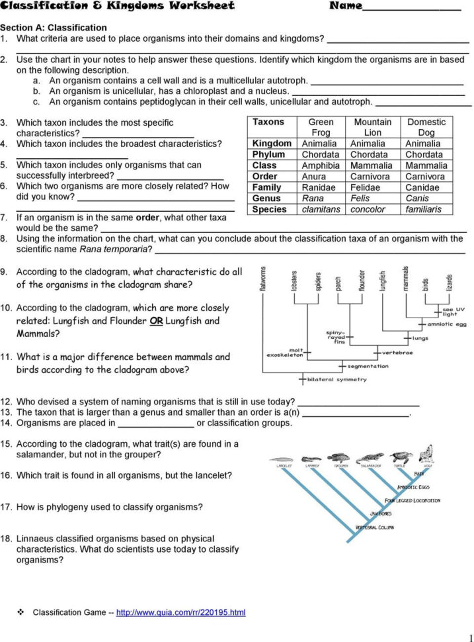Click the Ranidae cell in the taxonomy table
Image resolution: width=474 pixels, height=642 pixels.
pos(319,187)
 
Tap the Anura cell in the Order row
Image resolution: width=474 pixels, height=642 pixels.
pos(313,177)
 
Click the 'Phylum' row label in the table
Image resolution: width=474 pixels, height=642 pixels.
pos(268,155)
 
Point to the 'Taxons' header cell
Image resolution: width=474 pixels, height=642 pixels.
pos(268,122)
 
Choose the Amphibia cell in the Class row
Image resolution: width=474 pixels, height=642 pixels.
pos(321,165)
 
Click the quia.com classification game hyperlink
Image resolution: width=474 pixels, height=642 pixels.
pos(180,613)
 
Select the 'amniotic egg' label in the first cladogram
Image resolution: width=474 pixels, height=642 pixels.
pos(447,324)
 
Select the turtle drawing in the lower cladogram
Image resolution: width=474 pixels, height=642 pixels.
pos(399,457)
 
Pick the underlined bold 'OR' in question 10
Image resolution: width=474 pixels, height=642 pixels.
pos(156,321)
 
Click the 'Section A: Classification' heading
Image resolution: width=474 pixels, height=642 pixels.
pos(53,28)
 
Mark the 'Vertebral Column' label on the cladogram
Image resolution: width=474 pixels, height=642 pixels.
pos(375,527)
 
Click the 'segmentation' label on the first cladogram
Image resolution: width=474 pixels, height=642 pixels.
pos(368,366)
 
